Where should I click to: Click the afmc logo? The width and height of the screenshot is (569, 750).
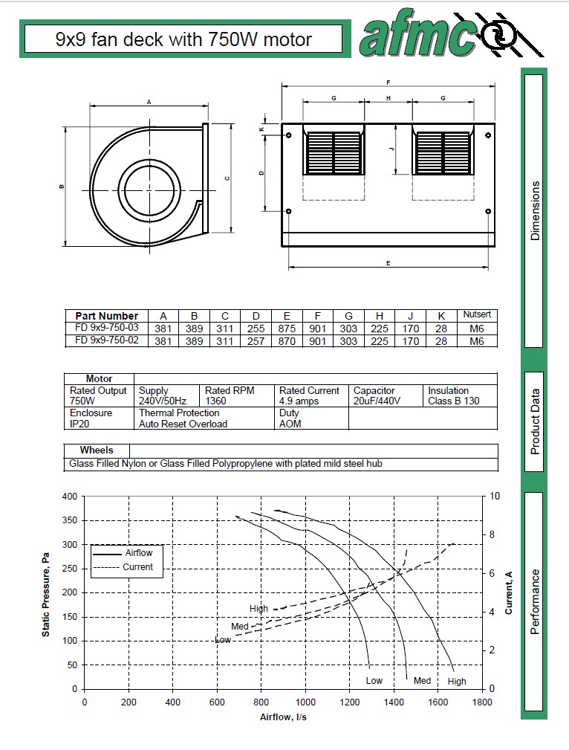coord(449,37)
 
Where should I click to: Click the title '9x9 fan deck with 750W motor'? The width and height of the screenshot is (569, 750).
coord(183,39)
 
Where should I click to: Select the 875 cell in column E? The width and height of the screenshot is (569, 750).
coord(286,329)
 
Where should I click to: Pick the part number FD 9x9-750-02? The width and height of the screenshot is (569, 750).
coord(107,340)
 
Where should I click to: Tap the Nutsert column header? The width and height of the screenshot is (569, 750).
coord(477,315)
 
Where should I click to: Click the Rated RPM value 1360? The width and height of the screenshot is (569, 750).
coord(218,401)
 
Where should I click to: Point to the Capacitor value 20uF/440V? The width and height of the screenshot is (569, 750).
coord(377,401)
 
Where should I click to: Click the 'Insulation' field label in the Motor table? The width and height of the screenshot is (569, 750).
coord(448,390)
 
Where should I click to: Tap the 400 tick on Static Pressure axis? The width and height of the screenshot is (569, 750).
coord(70,496)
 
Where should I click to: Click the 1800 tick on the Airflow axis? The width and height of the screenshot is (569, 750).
coord(482,702)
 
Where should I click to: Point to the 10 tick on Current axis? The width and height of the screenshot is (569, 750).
coord(495,496)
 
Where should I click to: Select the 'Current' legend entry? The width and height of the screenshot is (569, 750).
coord(137,566)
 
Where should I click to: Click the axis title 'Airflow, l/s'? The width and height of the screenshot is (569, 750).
coord(283,717)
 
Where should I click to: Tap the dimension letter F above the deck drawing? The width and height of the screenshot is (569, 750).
coord(388,82)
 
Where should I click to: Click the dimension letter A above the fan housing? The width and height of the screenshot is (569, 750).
coord(149,101)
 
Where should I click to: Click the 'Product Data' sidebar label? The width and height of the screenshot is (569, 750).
coord(535,421)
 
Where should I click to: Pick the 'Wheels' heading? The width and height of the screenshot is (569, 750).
coord(97,450)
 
